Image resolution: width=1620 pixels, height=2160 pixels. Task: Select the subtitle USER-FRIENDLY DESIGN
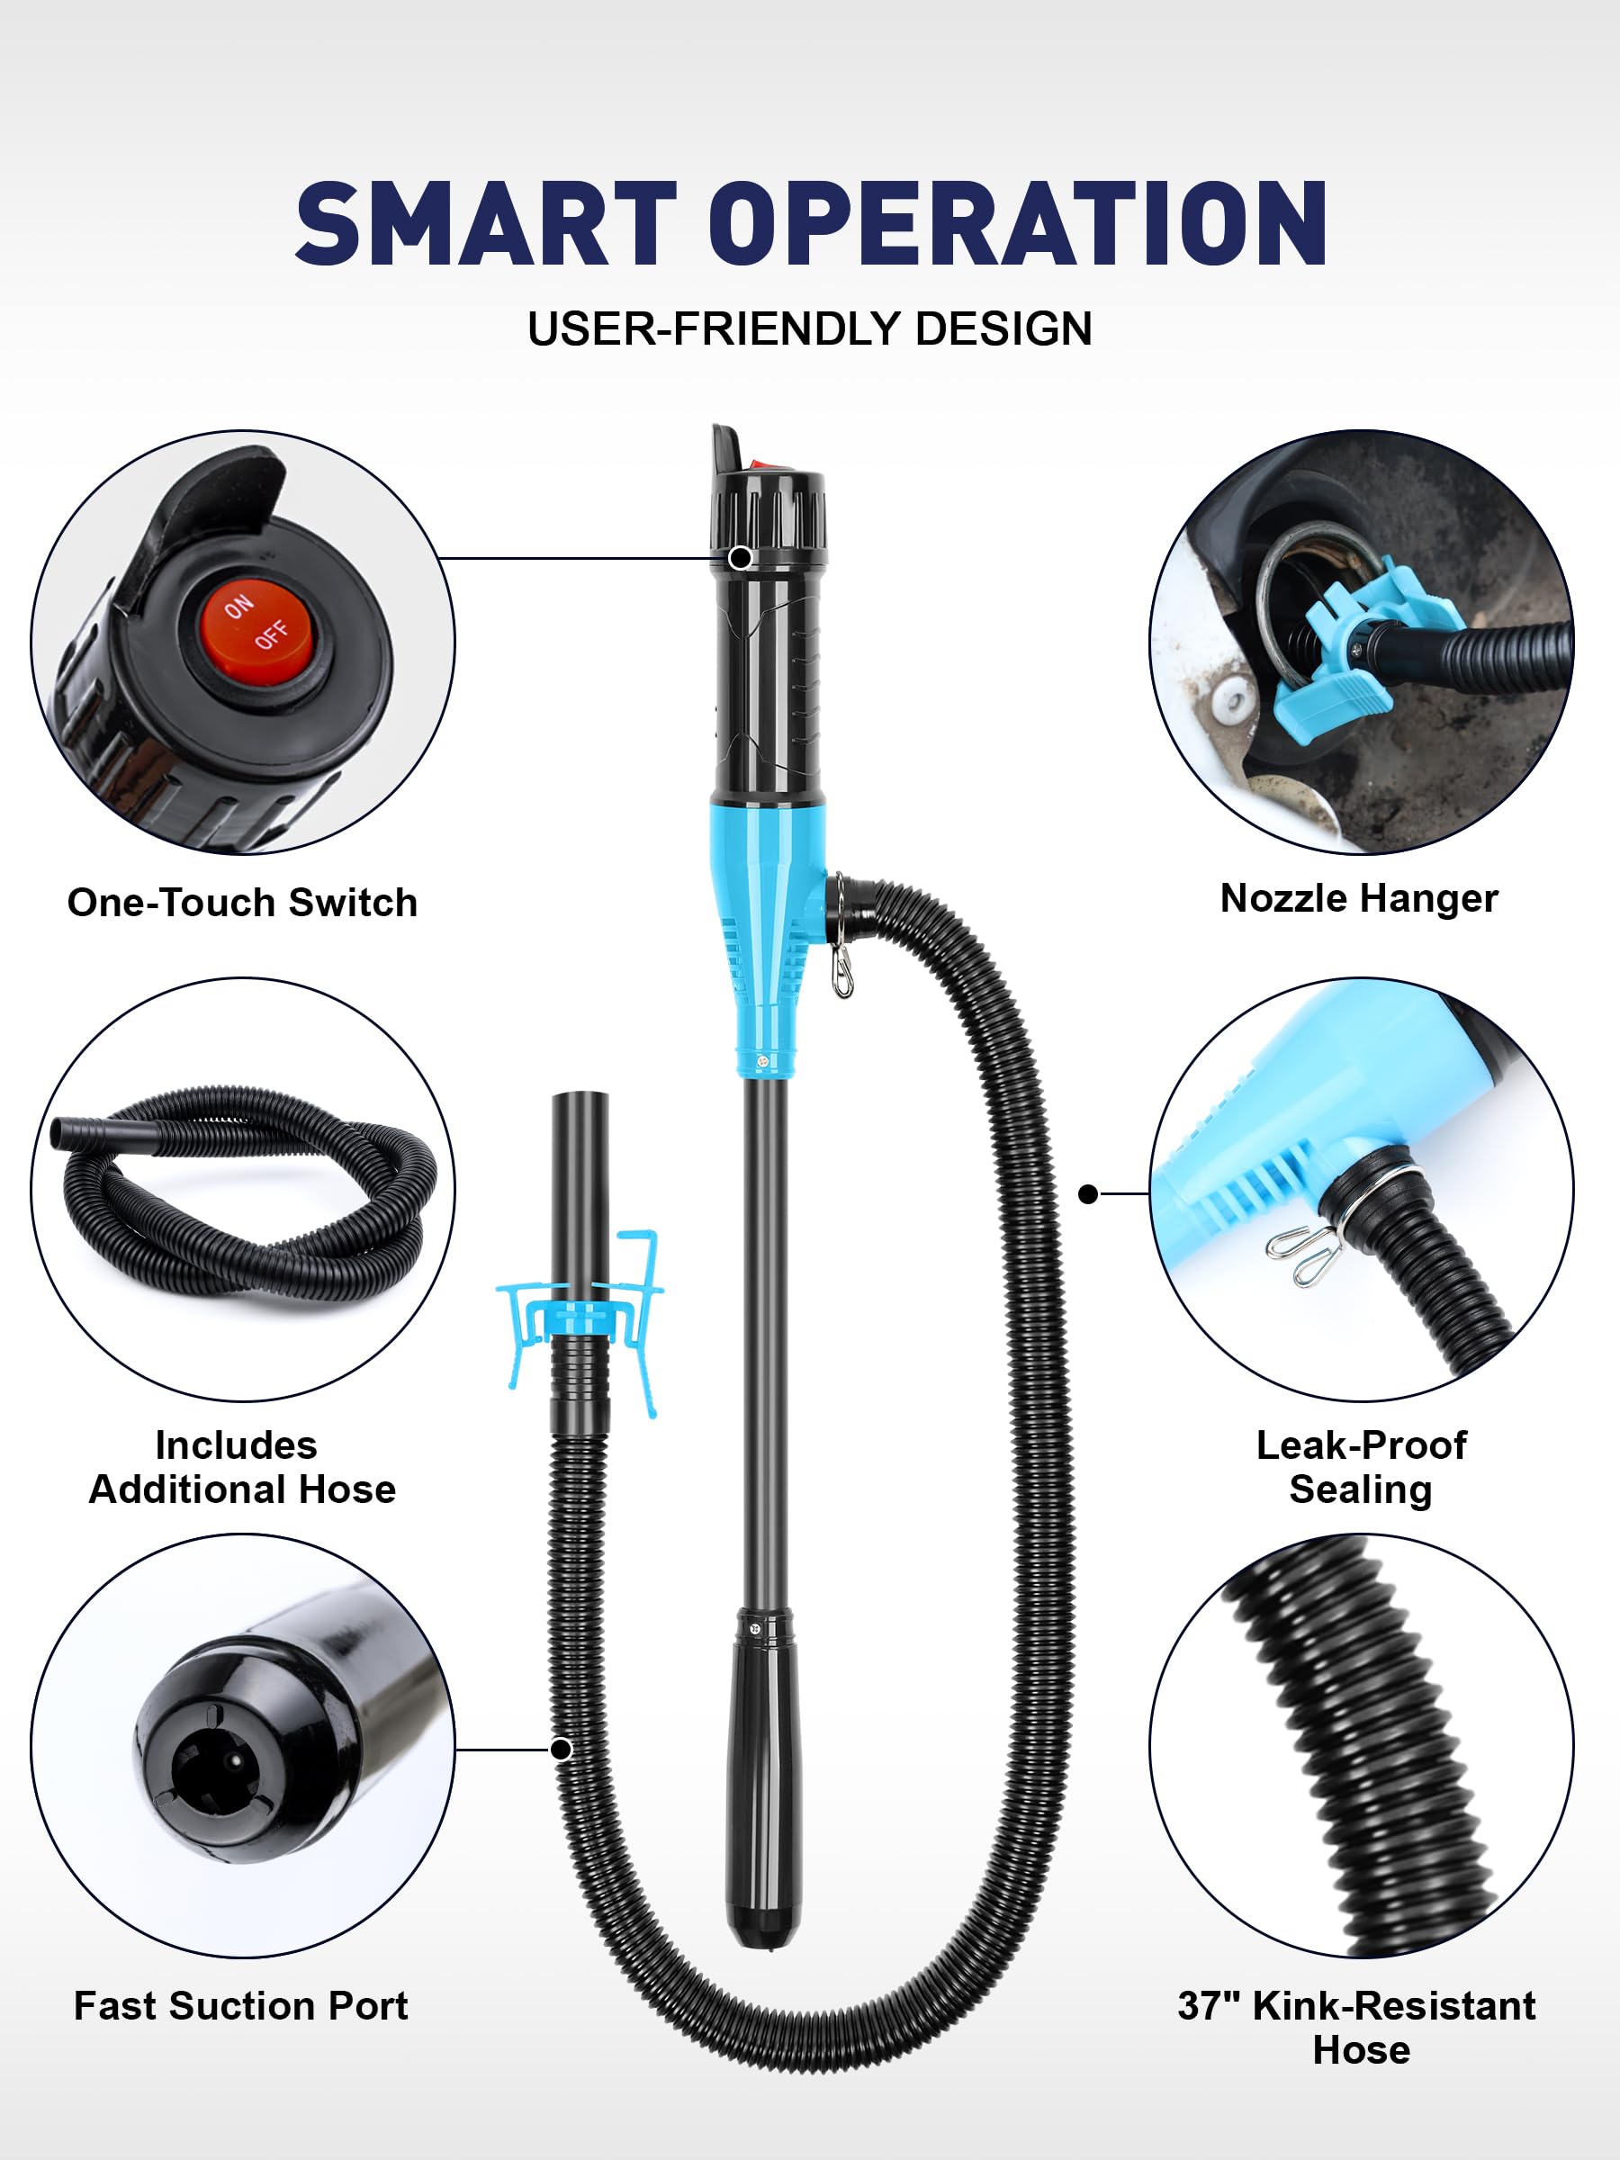coord(809,329)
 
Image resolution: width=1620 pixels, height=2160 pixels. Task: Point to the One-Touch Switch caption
coord(242,903)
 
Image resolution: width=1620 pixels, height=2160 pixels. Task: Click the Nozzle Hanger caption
coord(1359,898)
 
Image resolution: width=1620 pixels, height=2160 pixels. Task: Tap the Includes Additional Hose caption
coord(242,1467)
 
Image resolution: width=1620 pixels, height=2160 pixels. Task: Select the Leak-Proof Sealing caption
coord(1361,1467)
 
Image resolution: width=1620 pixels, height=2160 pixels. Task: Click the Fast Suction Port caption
coord(241,2006)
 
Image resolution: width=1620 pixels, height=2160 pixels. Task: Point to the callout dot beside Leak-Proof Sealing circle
coord(1089,1193)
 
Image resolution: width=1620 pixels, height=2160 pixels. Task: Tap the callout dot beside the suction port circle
coord(561,1749)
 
